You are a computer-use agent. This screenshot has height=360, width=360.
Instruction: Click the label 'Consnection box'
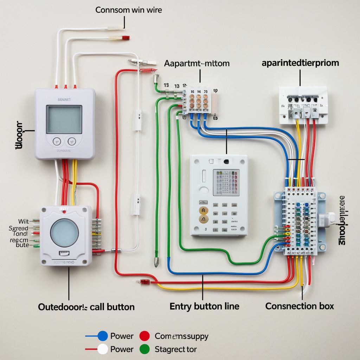(300, 306)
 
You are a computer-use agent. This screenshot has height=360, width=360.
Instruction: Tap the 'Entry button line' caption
(204, 306)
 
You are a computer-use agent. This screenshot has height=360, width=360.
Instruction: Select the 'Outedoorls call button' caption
(86, 307)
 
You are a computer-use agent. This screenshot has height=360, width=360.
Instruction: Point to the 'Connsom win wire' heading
(129, 10)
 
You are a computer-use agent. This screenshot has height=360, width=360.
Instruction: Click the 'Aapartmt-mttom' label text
(197, 64)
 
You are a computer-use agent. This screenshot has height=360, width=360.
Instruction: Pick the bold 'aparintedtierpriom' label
(300, 63)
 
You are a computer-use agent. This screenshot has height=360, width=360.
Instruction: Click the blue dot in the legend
(102, 336)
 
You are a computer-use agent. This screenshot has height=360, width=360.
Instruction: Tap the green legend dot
(144, 349)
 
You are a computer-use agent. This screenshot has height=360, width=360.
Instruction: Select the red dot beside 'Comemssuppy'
(144, 336)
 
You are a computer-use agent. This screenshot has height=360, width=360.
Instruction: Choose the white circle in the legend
(102, 349)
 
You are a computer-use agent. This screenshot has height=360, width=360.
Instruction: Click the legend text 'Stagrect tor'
(175, 349)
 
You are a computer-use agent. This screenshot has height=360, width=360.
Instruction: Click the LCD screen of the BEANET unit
(64, 120)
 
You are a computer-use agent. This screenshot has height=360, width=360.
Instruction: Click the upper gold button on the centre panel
(203, 211)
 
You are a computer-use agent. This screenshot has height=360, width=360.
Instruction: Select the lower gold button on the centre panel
(203, 219)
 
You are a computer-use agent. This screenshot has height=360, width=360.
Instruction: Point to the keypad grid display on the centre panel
(226, 182)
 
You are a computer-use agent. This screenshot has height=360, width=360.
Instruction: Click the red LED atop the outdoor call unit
(64, 212)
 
